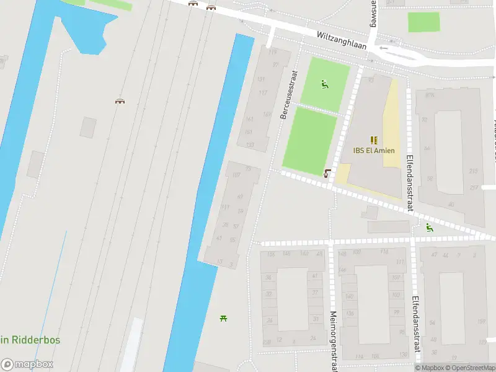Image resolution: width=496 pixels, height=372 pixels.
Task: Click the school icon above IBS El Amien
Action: click(373, 140)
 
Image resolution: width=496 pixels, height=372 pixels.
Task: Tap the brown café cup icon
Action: click(327, 172)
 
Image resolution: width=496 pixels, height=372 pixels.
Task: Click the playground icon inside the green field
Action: click(324, 84)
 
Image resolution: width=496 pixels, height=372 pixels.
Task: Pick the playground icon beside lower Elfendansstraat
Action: click(428, 227)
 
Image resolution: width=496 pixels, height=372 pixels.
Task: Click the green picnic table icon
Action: click(223, 318)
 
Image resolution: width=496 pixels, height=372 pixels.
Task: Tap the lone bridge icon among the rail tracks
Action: click(120, 101)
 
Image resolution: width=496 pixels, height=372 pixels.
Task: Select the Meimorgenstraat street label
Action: click(334, 340)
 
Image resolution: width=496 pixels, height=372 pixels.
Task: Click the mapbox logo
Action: click(27, 365)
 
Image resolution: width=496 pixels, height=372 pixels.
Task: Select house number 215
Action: click(474, 171)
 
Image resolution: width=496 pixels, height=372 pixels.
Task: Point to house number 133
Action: click(250, 145)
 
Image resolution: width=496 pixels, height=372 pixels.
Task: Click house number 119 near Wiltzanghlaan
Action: click(272, 52)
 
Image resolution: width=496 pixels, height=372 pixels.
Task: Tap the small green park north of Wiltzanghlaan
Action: click(423, 22)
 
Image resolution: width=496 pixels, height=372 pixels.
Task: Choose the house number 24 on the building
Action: click(312, 338)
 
